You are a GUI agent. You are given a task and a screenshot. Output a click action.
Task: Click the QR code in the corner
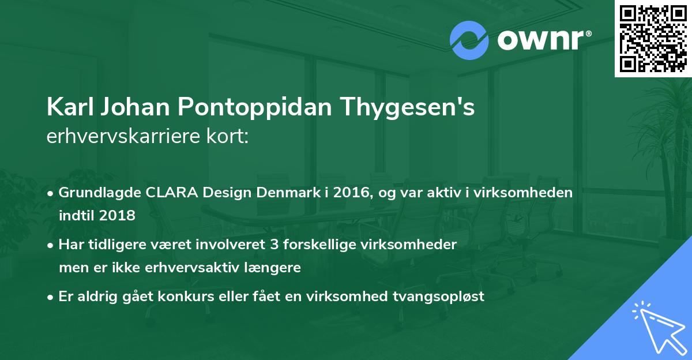(652, 38)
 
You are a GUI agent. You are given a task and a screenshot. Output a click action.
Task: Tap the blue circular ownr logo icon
(469, 40)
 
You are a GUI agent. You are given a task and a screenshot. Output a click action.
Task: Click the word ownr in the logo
(540, 41)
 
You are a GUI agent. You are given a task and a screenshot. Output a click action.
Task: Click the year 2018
(118, 216)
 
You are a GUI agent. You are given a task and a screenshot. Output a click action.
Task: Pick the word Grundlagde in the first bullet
(94, 193)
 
